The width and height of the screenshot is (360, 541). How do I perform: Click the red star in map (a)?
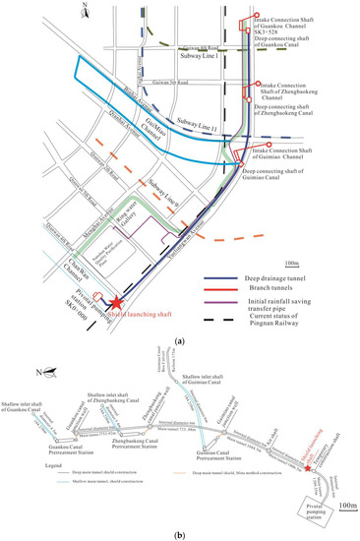[117, 303]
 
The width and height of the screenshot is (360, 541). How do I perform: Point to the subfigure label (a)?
[179, 341]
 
